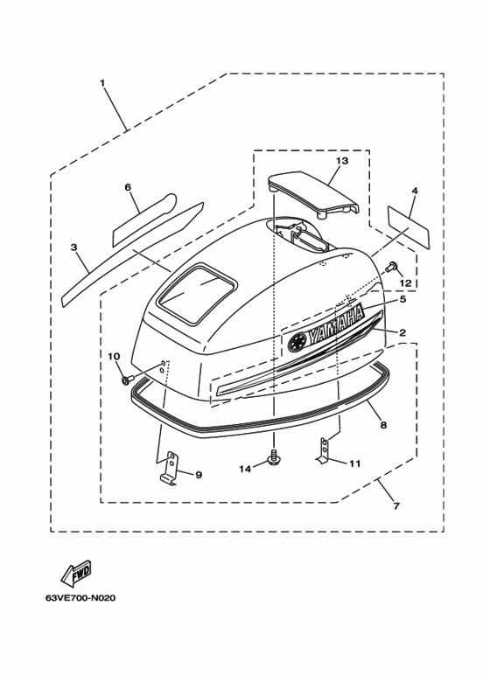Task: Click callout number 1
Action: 102,82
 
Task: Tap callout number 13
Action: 342,161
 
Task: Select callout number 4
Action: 415,190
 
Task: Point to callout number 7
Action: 396,506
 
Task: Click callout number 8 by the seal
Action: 383,425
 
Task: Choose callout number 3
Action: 73,247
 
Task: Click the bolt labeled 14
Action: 273,458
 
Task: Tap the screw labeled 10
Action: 126,380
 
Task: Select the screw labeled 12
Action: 392,268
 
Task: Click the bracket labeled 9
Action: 170,468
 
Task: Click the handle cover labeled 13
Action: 313,196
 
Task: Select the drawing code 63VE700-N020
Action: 80,598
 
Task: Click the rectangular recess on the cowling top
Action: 197,293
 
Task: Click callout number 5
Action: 402,300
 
